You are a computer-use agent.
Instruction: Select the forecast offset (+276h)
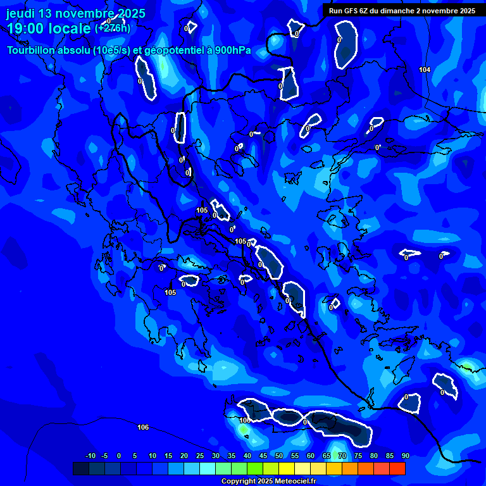(x=113, y=28)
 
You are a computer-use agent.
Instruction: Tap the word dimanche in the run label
(x=401, y=11)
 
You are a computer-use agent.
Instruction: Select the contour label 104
(x=425, y=70)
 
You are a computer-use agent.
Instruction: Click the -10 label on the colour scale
(x=90, y=456)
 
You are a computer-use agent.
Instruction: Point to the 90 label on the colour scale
(x=405, y=456)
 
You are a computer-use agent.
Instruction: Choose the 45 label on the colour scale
(x=263, y=456)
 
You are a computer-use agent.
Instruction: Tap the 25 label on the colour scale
(x=199, y=456)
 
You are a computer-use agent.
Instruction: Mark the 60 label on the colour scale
(x=310, y=456)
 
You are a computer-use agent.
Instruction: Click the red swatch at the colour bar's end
(x=397, y=468)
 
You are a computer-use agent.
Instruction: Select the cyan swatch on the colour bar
(x=208, y=468)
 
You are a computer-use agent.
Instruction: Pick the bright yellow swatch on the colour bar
(x=287, y=468)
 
